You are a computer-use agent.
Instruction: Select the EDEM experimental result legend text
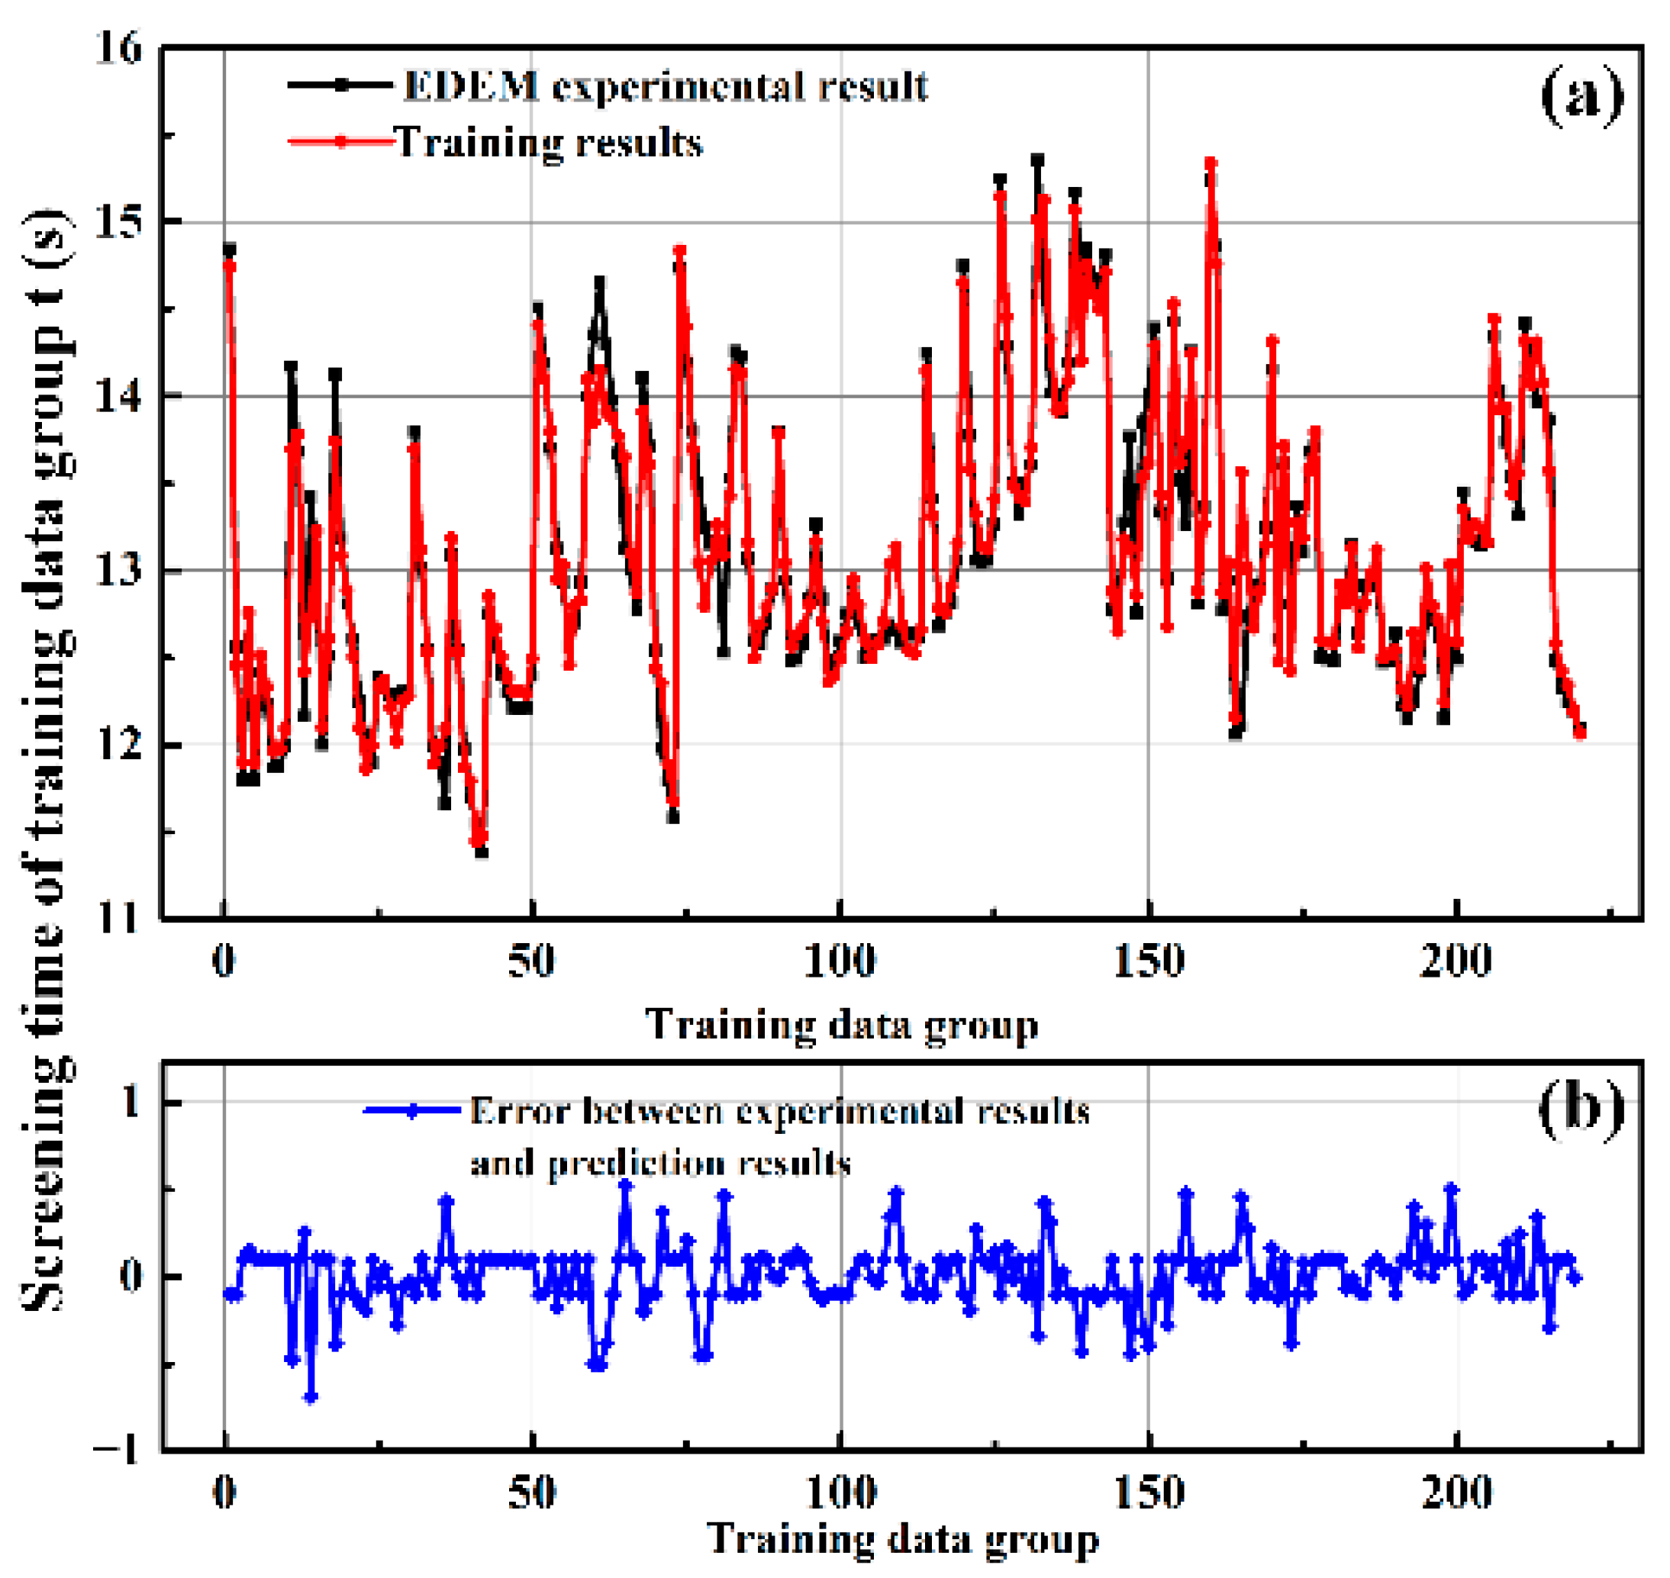click(665, 87)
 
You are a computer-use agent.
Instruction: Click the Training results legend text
click(549, 143)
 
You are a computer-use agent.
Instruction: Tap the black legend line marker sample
click(340, 85)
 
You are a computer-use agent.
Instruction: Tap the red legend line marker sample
click(340, 142)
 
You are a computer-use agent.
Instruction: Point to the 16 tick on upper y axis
click(118, 49)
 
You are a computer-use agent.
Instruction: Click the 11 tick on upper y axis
click(118, 919)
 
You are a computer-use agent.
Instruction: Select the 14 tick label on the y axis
click(118, 395)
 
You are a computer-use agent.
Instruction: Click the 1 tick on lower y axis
click(131, 1102)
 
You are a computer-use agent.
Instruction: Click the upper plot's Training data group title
click(841, 1026)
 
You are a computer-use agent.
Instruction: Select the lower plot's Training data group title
click(902, 1538)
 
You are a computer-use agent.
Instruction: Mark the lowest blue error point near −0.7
click(311, 1398)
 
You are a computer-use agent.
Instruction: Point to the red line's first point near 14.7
click(229, 266)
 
